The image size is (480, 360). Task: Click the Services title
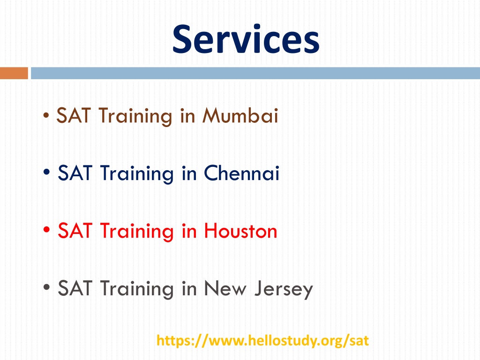click(x=246, y=39)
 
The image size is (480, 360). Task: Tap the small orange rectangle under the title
click(x=14, y=73)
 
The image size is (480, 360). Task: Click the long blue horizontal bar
click(x=255, y=73)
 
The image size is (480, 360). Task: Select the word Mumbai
click(x=240, y=115)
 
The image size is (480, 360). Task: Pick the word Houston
click(x=240, y=230)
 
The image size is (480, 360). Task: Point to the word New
click(x=225, y=288)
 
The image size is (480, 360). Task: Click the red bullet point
click(x=46, y=229)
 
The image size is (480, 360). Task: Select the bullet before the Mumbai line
click(x=46, y=115)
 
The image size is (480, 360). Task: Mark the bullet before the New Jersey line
click(x=46, y=287)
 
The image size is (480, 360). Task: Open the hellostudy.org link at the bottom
click(x=262, y=341)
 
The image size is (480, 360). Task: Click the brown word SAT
click(x=74, y=115)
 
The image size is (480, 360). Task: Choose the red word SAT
click(x=75, y=230)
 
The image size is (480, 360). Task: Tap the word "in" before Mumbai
click(x=187, y=115)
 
